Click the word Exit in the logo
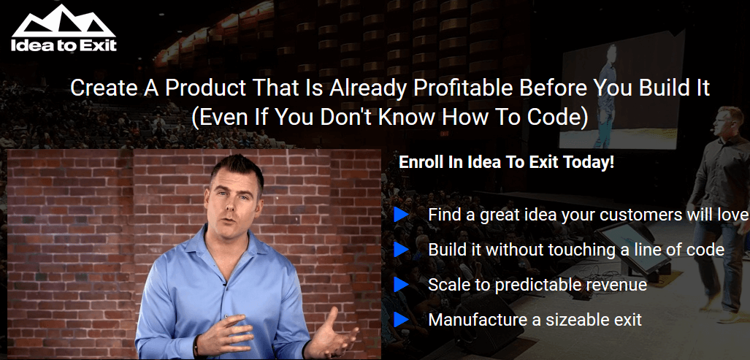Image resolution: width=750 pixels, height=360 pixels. click(99, 45)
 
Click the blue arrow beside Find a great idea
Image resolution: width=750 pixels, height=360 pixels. click(401, 215)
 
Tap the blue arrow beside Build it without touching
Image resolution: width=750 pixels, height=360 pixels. click(401, 250)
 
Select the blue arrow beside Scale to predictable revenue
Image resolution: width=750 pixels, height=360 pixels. click(401, 285)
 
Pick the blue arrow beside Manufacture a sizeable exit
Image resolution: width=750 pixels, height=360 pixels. click(401, 319)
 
